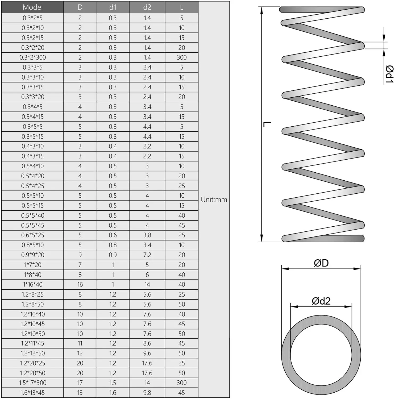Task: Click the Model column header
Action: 32,7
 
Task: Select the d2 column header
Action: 147,7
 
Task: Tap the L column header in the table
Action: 182,7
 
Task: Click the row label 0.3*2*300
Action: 32,57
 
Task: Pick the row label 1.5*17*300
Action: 32,383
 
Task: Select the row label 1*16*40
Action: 32,284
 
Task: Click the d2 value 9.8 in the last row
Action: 147,393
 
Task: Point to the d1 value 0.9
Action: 113,255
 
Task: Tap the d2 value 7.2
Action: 147,255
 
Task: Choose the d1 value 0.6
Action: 113,235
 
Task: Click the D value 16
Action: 80,284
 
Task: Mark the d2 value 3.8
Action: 147,235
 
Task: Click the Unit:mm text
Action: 214,199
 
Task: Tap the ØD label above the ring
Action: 321,263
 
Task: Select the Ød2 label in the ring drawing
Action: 321,301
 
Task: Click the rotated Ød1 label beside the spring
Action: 389,74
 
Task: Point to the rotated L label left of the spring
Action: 267,124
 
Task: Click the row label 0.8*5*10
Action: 32,245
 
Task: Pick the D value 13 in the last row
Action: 80,393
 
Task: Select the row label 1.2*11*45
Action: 32,343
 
